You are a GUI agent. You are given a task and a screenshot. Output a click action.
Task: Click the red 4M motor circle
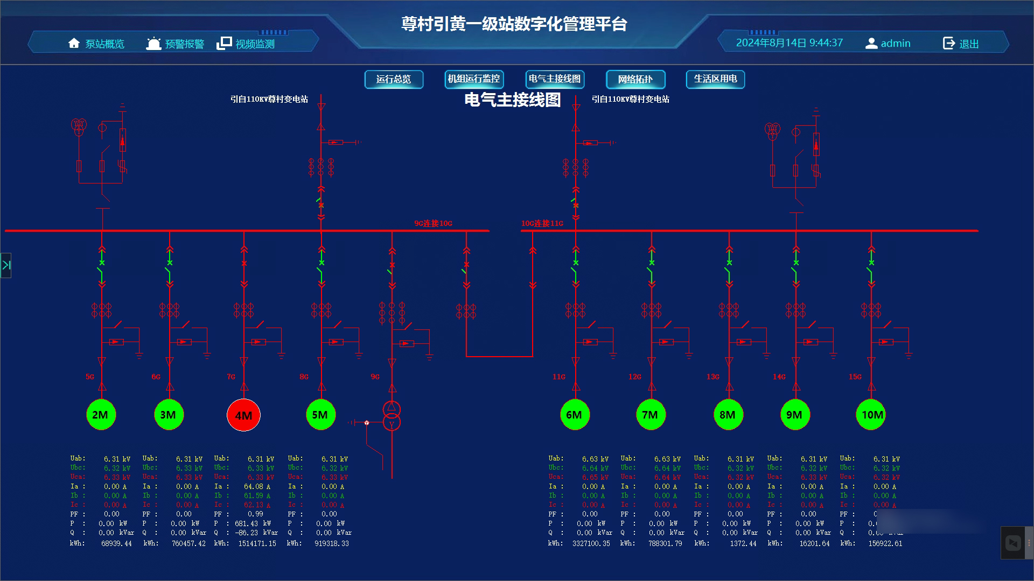point(243,415)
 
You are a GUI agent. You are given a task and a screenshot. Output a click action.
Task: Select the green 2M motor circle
point(101,415)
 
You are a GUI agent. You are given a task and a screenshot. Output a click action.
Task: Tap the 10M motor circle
point(871,415)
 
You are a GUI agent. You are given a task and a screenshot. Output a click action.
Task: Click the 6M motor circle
point(575,415)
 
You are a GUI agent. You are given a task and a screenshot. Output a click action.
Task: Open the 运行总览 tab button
point(394,80)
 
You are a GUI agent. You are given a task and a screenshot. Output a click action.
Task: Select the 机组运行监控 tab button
point(474,80)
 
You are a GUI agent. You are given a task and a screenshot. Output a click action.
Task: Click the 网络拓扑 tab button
point(635,80)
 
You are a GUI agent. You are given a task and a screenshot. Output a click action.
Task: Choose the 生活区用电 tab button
point(715,80)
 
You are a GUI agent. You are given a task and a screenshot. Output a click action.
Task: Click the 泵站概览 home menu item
point(97,44)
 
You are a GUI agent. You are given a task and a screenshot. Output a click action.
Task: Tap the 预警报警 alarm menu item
point(176,44)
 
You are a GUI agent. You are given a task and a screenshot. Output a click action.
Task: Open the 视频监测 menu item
point(246,44)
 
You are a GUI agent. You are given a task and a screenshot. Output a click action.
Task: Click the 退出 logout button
point(961,44)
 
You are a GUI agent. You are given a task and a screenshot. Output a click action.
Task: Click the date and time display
point(789,43)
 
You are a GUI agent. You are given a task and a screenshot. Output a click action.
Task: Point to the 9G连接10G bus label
point(433,223)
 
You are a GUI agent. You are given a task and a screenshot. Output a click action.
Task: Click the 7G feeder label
point(231,377)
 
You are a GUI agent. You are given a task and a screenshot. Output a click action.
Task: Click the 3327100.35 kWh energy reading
point(591,544)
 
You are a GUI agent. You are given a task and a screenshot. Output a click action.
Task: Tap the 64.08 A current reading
point(257,487)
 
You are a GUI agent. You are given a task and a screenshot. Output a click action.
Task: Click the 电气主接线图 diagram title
point(512,100)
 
